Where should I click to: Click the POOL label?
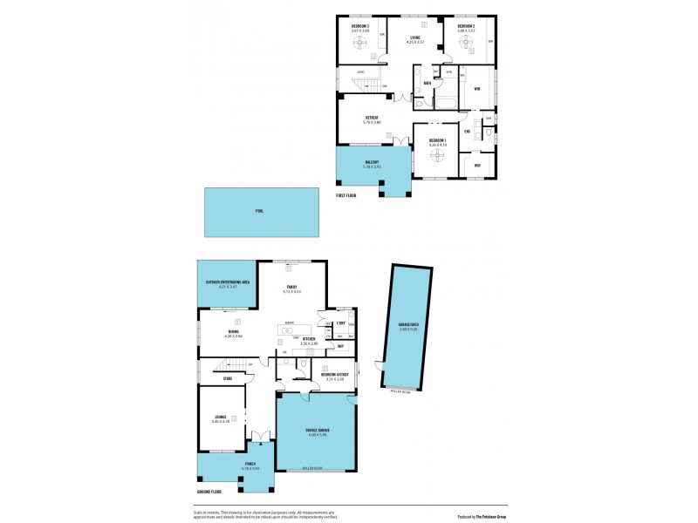coord(259,211)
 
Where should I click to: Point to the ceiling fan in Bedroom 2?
coord(467,40)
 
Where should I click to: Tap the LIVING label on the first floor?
coord(415,37)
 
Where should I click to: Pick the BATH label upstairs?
coord(428,84)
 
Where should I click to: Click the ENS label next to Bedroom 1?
coord(468,132)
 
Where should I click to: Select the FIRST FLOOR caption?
coord(346,195)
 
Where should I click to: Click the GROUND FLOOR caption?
coord(210,492)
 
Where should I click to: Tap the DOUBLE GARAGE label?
coord(316,431)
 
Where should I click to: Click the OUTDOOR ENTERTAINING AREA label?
coord(228,282)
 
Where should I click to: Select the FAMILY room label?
coord(291,288)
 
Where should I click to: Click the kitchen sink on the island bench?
coord(290,329)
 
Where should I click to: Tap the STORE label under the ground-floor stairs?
coord(227,378)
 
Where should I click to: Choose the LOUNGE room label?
coord(221,418)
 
